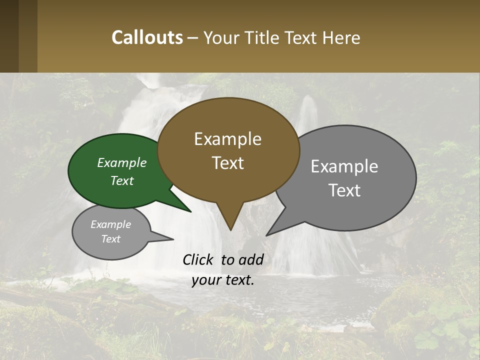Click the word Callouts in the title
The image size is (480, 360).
pyautogui.click(x=147, y=37)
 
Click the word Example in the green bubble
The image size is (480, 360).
pyautogui.click(x=122, y=162)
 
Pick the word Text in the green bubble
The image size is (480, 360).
pyautogui.click(x=122, y=180)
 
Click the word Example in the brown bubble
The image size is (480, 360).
pyautogui.click(x=227, y=139)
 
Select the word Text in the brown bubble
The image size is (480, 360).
pyautogui.click(x=228, y=162)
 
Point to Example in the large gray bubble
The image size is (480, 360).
pyautogui.click(x=344, y=166)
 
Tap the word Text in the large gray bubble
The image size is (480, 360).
pyautogui.click(x=344, y=190)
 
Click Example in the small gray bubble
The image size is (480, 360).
pyautogui.click(x=111, y=224)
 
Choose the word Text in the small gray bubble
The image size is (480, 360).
pyautogui.click(x=111, y=239)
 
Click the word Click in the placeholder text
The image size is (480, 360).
pyautogui.click(x=198, y=259)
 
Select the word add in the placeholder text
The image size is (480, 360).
pyautogui.click(x=250, y=259)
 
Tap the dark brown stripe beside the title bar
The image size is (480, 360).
pyautogui.click(x=9, y=36)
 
